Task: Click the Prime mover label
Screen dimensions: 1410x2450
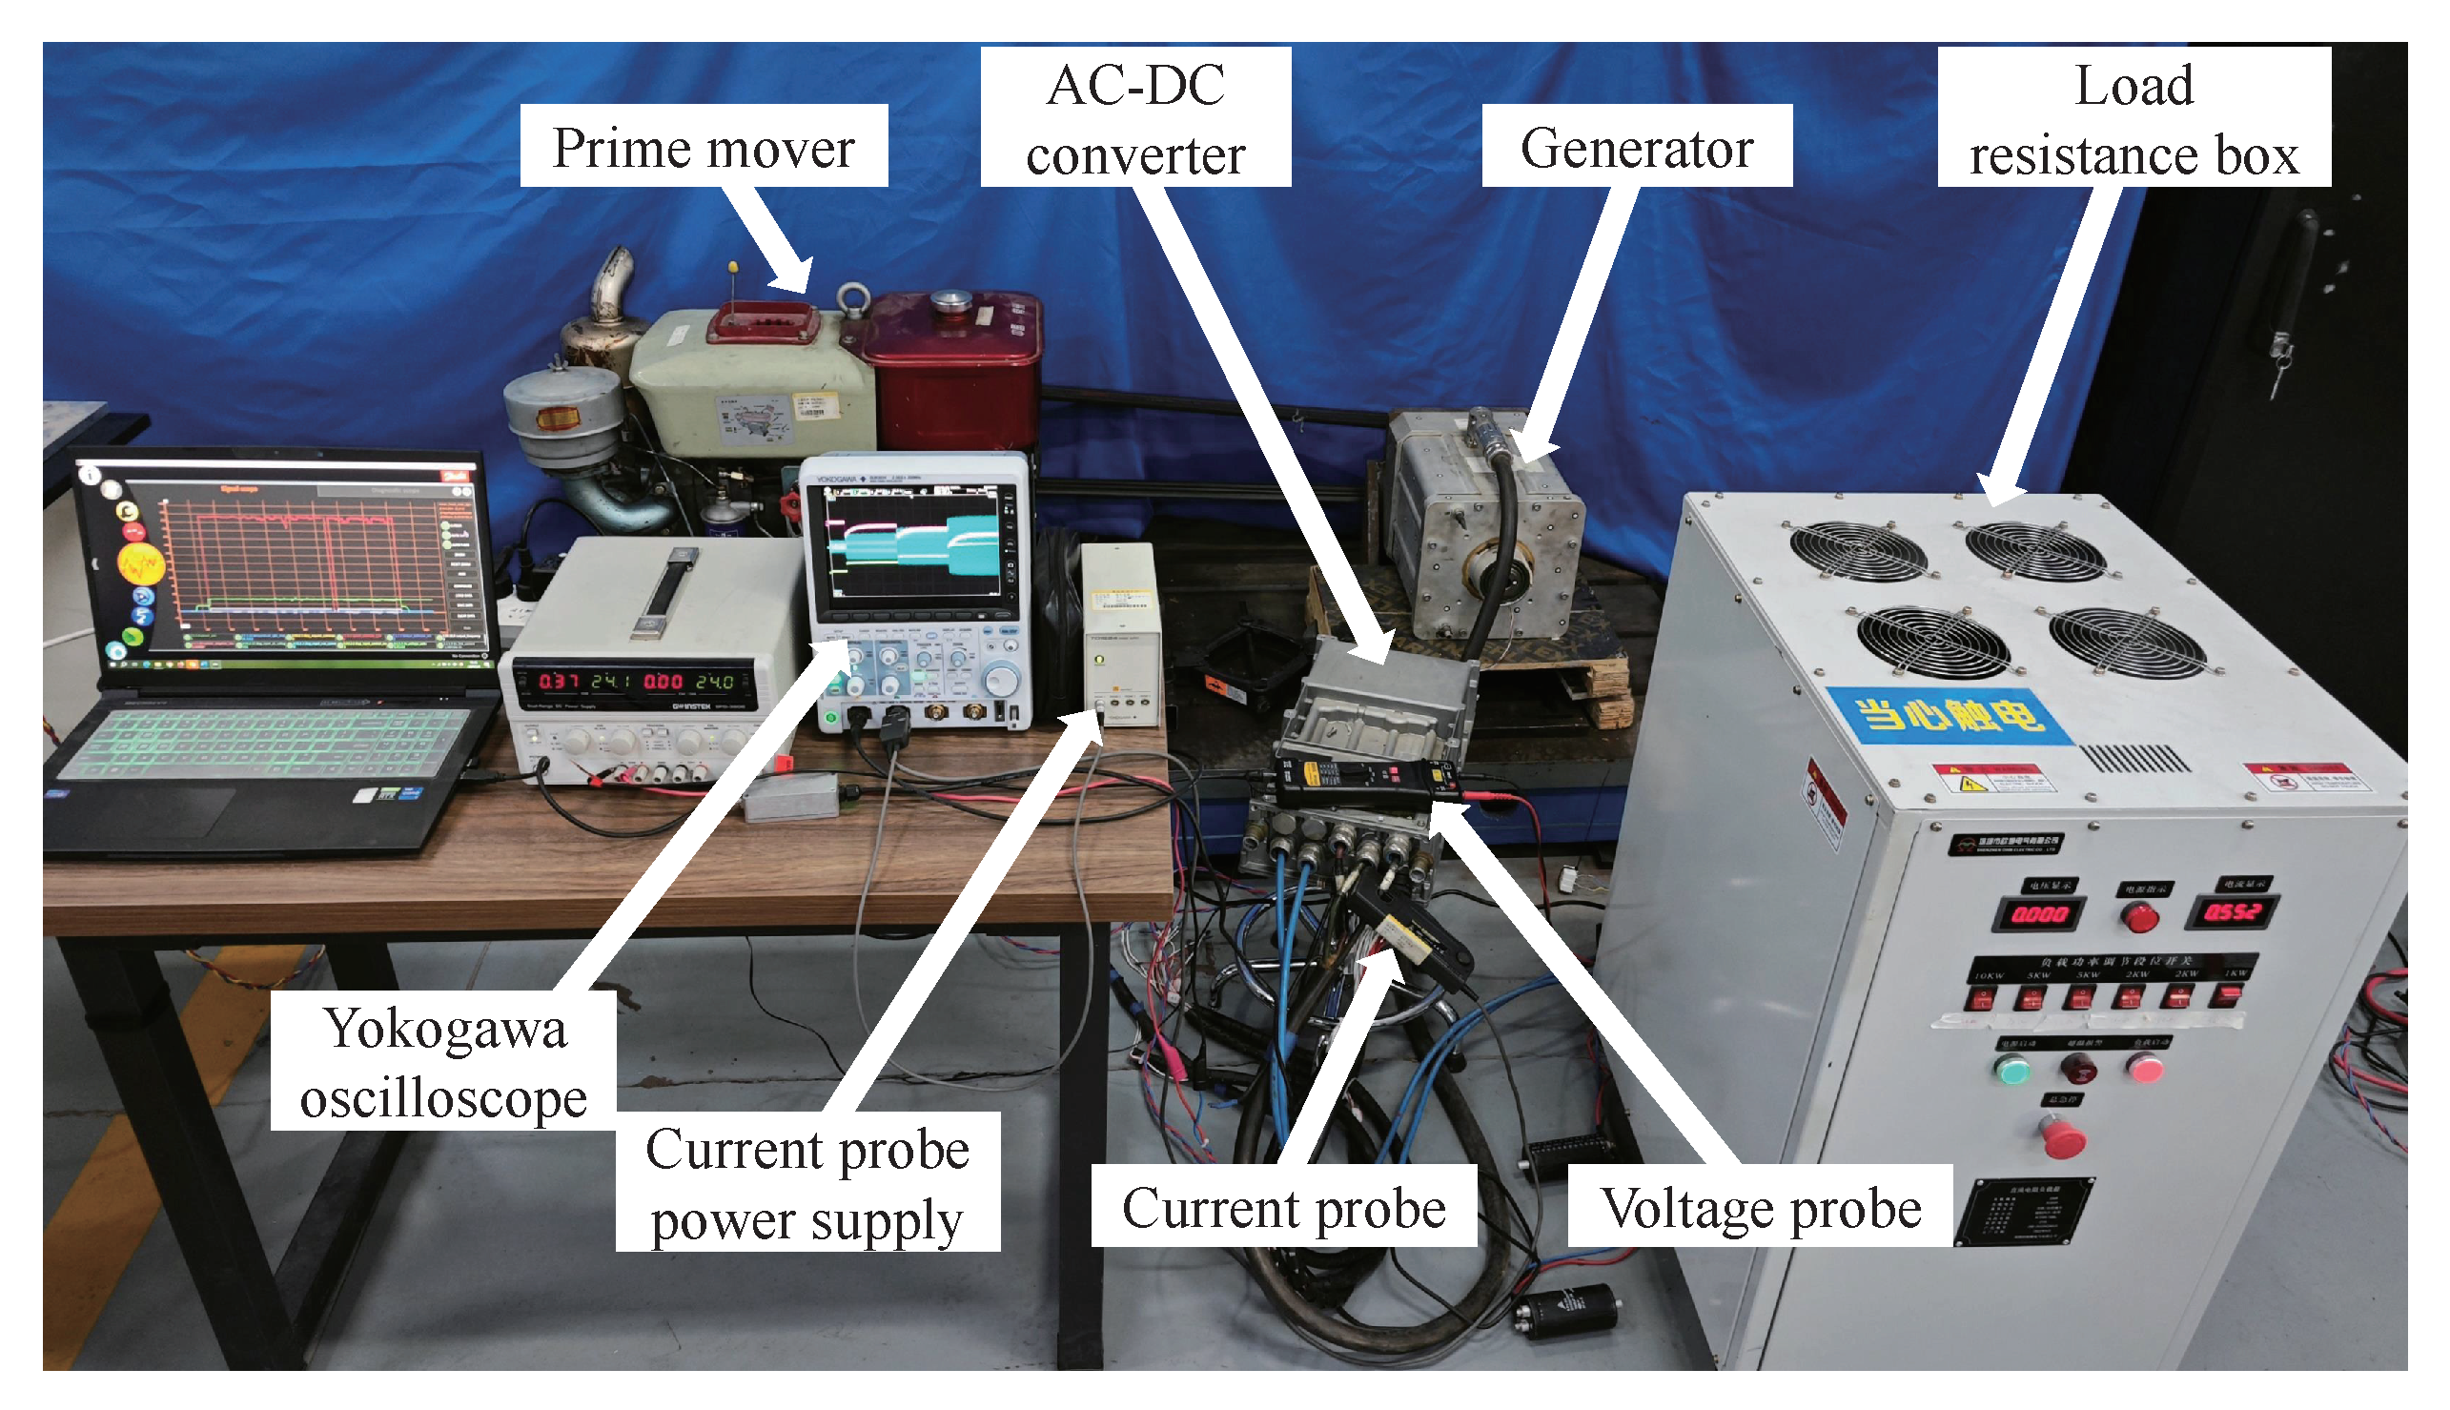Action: [x=703, y=146]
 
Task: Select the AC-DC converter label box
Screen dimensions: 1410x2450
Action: [x=1135, y=117]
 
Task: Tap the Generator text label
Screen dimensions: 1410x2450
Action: [x=1636, y=146]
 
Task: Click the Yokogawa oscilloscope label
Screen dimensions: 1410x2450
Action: [x=442, y=1061]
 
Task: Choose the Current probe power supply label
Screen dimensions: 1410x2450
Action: [x=806, y=1182]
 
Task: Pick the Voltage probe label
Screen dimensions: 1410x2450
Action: [x=1760, y=1207]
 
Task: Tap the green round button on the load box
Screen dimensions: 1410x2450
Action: [x=2012, y=1071]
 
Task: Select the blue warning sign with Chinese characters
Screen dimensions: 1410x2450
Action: [x=1949, y=715]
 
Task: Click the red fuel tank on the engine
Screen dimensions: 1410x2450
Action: [x=954, y=373]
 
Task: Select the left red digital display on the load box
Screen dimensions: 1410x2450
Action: [x=2038, y=913]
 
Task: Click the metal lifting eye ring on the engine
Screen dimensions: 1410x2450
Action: [x=852, y=300]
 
